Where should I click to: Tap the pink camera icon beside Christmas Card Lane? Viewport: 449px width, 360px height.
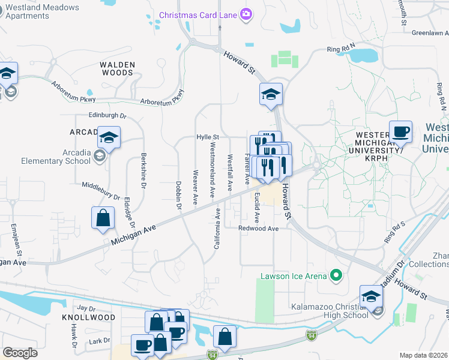click(x=245, y=14)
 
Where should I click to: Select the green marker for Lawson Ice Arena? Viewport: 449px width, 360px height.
click(x=336, y=276)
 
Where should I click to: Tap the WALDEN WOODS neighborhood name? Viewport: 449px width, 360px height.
click(x=117, y=68)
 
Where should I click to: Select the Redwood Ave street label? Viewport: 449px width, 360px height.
click(x=258, y=229)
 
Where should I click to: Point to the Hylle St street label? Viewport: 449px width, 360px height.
click(x=208, y=137)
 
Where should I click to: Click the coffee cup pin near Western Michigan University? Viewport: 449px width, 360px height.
click(x=400, y=131)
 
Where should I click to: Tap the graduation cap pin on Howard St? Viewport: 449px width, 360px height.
click(x=271, y=94)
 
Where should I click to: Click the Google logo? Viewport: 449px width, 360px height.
click(x=20, y=353)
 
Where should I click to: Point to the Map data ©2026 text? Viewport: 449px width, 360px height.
click(x=423, y=355)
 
